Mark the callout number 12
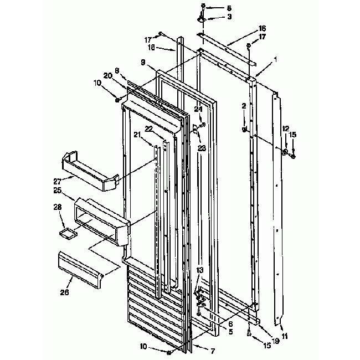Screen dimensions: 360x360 (286, 128)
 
